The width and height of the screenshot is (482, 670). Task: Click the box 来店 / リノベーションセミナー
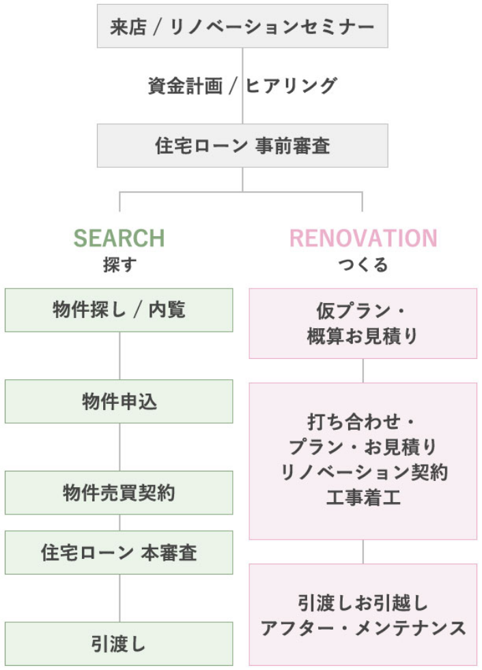pos(242,26)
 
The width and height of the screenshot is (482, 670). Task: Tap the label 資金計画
pos(185,86)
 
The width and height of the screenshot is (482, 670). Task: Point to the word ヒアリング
pos(292,86)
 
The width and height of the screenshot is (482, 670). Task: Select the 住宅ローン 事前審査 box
pos(242,146)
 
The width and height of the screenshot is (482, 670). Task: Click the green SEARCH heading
pos(119,238)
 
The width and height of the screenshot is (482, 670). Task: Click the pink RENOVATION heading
pos(363,238)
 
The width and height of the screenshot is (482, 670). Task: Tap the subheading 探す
pos(119,265)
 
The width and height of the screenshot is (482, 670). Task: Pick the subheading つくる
pos(363,265)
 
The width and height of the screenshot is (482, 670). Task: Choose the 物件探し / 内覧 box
pos(119,310)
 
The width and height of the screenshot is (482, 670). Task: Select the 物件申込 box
pos(119,402)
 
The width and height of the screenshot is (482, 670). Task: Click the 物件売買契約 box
pos(119,493)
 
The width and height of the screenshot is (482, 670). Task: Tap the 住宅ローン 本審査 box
pos(119,553)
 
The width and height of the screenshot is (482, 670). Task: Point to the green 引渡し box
pos(119,644)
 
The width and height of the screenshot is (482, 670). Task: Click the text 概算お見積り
pos(363,336)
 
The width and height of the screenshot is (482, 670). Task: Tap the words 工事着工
pos(363,498)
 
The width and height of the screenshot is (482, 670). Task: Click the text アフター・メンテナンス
pos(363,628)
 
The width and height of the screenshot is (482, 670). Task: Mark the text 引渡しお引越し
pos(363,603)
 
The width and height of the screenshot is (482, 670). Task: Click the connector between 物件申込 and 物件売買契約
pos(119,448)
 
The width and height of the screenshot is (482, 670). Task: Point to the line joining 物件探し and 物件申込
pos(119,356)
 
